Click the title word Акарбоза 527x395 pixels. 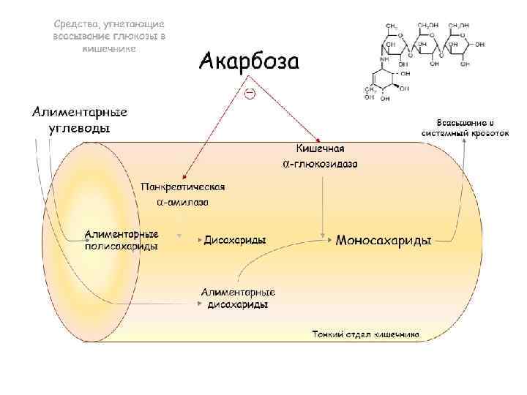point(249,61)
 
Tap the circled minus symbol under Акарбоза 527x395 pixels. point(249,94)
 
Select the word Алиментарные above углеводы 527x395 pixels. point(79,113)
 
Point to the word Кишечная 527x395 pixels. point(320,149)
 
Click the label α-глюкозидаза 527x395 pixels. point(320,164)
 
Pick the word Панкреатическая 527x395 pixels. point(182,187)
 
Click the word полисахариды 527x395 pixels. point(122,247)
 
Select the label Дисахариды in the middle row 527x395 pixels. point(235,240)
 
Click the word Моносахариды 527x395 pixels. point(384,240)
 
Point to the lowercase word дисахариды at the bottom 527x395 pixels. point(238,304)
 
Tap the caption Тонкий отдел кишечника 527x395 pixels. point(365,334)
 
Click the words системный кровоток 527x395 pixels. point(465,134)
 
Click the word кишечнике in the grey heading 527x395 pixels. point(108,48)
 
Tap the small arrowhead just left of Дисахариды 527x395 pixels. point(198,240)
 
